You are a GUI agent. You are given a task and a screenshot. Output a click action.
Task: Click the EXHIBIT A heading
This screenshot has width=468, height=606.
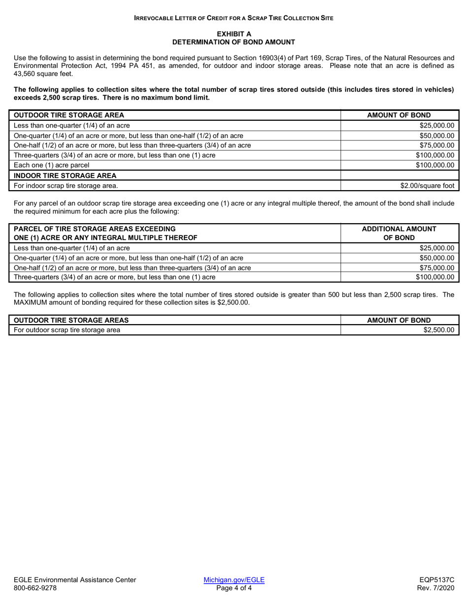[234, 34]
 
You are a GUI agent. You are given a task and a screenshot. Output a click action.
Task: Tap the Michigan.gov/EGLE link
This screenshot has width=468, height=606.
[234, 580]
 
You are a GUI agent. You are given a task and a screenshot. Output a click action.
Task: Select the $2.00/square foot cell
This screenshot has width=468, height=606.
[427, 186]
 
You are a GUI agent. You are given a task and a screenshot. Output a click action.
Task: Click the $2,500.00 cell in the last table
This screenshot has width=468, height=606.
[438, 330]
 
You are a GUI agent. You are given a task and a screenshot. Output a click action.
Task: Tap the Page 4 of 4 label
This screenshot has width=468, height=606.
[234, 588]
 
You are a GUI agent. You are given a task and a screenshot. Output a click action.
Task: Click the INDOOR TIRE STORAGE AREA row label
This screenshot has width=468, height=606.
[65, 175]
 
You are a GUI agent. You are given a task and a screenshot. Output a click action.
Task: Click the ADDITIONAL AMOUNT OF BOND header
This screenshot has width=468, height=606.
[399, 233]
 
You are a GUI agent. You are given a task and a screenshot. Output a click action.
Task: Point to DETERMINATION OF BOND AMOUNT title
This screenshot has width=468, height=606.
[234, 42]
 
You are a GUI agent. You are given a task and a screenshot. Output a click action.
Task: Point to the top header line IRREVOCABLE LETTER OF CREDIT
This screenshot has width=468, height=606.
[234, 18]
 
